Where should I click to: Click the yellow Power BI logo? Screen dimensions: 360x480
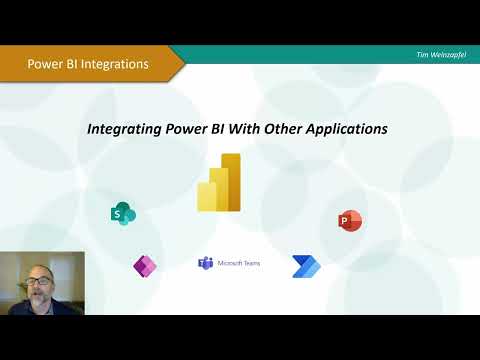[x=219, y=183]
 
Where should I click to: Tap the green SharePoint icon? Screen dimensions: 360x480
[x=123, y=213]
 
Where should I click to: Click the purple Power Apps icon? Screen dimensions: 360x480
[x=145, y=265]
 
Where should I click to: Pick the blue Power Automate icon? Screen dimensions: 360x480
[x=305, y=265]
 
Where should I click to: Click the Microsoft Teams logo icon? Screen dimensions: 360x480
[x=205, y=263]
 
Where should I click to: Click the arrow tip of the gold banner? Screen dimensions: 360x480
[x=183, y=63]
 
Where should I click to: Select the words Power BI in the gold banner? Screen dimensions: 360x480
[x=50, y=64]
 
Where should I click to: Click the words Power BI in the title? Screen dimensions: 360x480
[x=195, y=129]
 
